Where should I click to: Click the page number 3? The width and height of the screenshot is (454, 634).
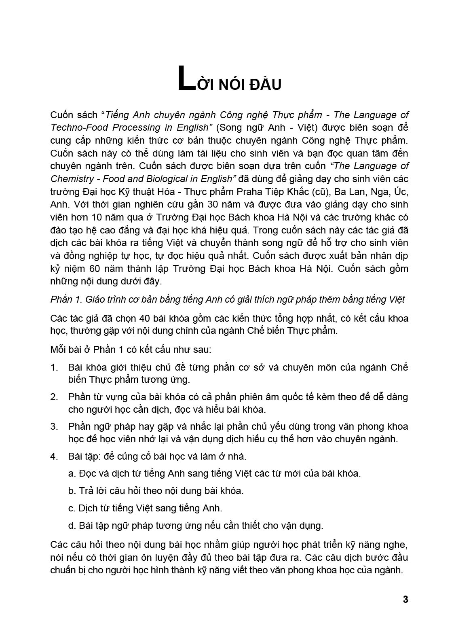405,599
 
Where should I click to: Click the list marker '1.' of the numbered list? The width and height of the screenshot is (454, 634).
54,367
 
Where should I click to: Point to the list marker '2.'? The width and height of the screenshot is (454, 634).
54,397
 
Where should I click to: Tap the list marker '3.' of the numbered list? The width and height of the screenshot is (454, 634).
54,426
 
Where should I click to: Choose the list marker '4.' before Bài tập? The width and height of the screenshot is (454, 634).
54,456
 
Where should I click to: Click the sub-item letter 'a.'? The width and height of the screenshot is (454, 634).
72,473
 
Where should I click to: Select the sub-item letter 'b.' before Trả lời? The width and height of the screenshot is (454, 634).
72,491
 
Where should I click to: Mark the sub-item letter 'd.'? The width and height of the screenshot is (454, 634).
72,526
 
